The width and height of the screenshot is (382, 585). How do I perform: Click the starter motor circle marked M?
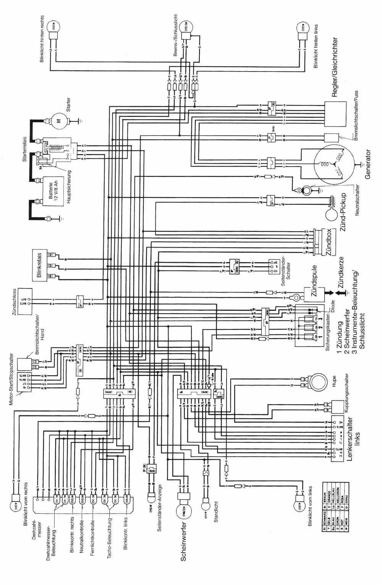click(59, 121)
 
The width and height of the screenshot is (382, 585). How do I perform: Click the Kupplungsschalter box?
click(339, 406)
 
